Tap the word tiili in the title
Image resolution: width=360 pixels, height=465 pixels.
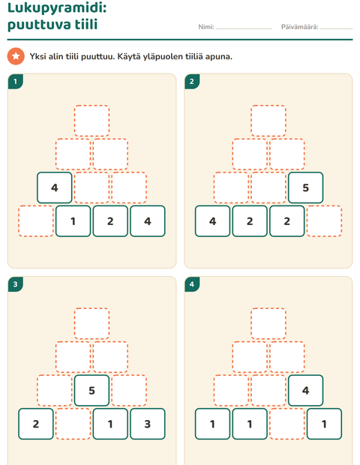click(86, 24)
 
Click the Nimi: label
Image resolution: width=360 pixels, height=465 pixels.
click(206, 27)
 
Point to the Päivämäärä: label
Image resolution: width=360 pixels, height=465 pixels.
click(300, 27)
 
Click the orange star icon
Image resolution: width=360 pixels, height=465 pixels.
click(16, 56)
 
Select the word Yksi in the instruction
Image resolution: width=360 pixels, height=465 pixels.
click(37, 56)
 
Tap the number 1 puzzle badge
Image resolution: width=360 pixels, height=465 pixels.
click(16, 82)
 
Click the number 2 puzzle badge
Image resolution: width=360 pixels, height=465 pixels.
click(192, 82)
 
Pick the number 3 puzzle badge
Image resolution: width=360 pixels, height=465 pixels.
click(16, 284)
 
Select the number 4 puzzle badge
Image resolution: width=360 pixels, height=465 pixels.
click(192, 284)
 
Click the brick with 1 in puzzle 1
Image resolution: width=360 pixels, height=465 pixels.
click(73, 221)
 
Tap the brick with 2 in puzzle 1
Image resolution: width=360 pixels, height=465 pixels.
click(110, 221)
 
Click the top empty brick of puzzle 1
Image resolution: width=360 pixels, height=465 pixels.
click(91, 121)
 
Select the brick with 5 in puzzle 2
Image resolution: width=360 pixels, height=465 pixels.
click(306, 187)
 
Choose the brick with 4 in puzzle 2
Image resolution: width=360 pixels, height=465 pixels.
click(212, 221)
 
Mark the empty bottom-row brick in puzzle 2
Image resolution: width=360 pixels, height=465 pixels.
click(325, 221)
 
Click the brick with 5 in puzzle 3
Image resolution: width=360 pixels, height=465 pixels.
click(91, 390)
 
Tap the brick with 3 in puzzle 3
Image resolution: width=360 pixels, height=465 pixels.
click(148, 424)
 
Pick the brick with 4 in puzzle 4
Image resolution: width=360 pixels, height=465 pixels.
click(306, 390)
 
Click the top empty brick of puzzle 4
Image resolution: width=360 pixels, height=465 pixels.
click(268, 323)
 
